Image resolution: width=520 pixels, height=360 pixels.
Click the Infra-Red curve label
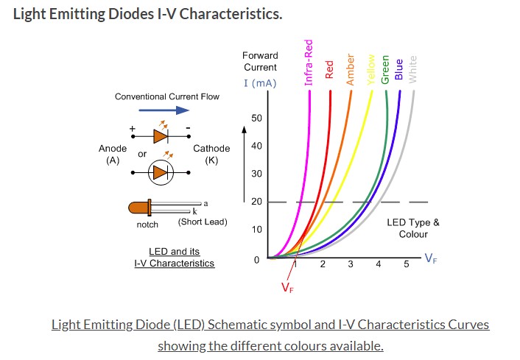tap(309, 63)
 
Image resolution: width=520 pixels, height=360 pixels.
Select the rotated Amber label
tap(351, 69)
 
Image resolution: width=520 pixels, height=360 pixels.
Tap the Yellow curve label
tap(370, 69)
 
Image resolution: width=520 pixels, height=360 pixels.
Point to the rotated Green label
tap(385, 69)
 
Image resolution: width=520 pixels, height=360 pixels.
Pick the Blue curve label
tap(399, 70)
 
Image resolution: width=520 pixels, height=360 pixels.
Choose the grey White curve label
tap(412, 69)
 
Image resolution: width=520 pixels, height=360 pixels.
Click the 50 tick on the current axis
tap(256, 119)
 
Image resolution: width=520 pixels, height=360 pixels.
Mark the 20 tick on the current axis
tap(256, 202)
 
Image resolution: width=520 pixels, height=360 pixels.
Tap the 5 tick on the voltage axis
tap(406, 264)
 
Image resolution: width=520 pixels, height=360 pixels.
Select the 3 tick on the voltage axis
tap(351, 264)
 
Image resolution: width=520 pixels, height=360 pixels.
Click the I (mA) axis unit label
tap(260, 83)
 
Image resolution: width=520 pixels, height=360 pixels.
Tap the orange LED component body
tap(140, 208)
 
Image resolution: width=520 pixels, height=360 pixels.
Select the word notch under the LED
tap(147, 225)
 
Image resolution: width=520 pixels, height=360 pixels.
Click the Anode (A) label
tap(113, 154)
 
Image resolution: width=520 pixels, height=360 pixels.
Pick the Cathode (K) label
tap(211, 154)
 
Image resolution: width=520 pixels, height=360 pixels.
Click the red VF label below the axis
tap(287, 288)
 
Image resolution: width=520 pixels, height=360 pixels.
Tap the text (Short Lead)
tap(203, 222)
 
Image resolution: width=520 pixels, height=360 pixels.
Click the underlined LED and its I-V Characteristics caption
tap(174, 257)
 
